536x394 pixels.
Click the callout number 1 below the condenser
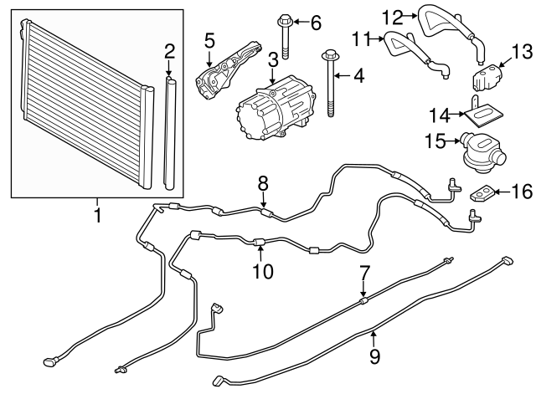(x=97, y=217)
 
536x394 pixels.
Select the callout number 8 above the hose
(x=263, y=182)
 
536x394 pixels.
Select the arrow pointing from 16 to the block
(x=502, y=193)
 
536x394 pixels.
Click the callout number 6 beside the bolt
(x=316, y=23)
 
